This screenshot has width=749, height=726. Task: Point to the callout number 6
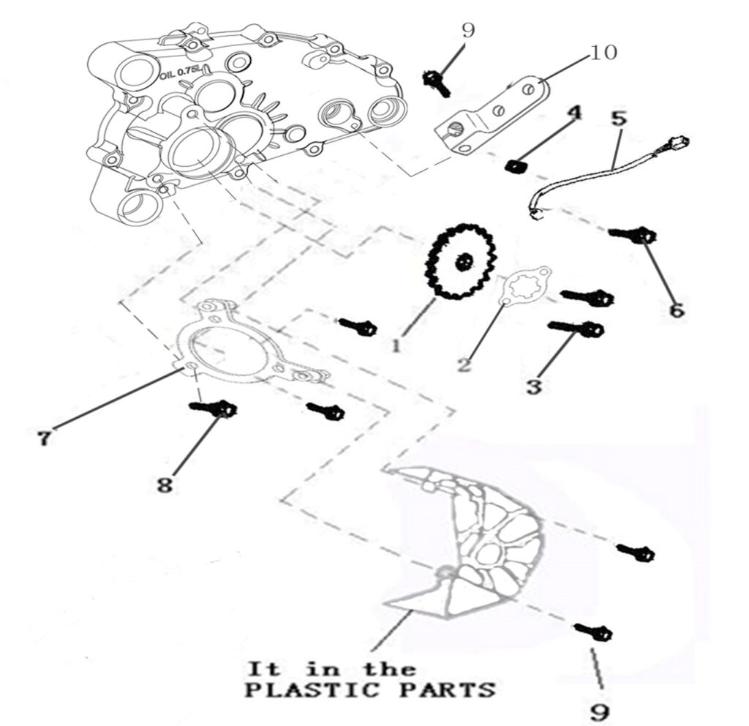tap(677, 310)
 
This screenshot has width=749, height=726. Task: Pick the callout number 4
tap(574, 113)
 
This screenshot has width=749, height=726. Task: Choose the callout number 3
tap(534, 386)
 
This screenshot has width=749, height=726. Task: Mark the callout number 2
tap(464, 364)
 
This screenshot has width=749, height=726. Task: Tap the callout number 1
tap(396, 345)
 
